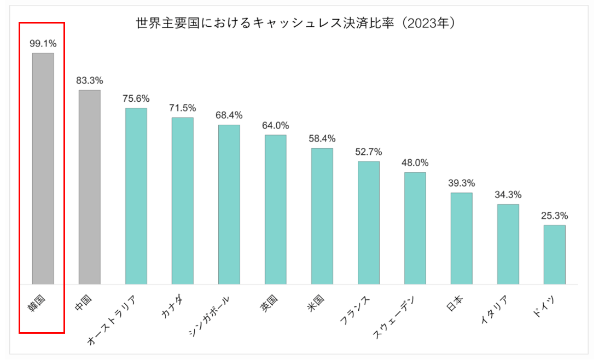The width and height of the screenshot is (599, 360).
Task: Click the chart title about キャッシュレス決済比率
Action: [296, 24]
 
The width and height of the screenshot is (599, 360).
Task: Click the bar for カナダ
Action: [183, 201]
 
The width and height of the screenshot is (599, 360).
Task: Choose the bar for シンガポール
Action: [229, 205]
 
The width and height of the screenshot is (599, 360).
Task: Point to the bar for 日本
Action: [462, 239]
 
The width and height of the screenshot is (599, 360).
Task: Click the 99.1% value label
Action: [43, 43]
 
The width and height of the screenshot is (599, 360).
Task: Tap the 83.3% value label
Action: [90, 80]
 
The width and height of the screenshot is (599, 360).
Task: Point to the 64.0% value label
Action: [276, 125]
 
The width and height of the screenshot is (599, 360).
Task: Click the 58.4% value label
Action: [322, 138]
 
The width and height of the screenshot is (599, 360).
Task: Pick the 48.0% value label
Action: [415, 163]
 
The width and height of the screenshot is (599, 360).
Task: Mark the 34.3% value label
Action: [508, 195]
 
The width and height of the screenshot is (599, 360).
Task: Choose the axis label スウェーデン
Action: [394, 317]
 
